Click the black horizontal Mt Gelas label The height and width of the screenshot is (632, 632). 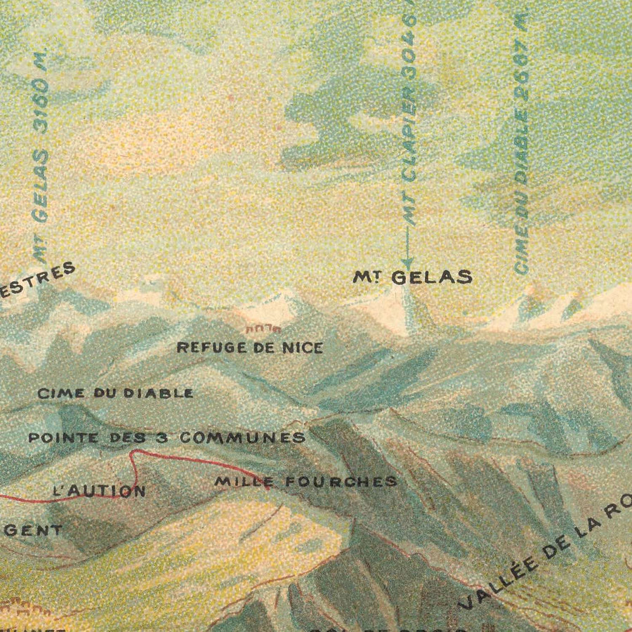(x=412, y=277)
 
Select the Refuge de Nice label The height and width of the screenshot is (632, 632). (x=250, y=348)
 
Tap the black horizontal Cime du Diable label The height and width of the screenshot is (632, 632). (x=116, y=393)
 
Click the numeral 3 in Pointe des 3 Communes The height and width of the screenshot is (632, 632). (x=161, y=437)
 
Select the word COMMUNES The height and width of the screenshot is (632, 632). (x=242, y=437)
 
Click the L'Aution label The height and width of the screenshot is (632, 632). (x=100, y=491)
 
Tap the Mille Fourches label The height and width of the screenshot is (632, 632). (x=305, y=482)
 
